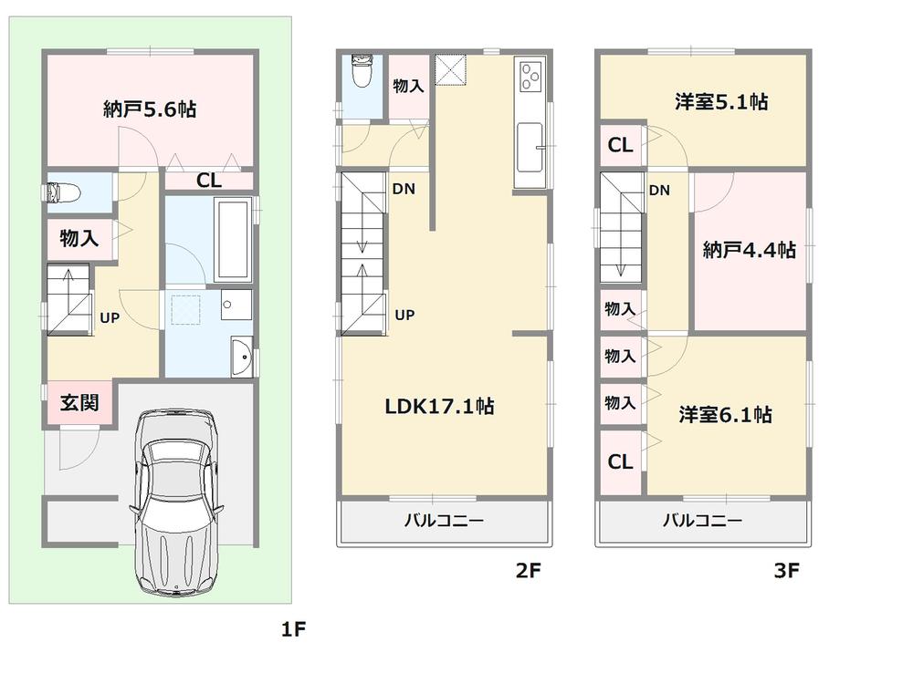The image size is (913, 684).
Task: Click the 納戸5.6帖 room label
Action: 148,109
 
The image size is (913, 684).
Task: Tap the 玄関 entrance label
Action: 79,402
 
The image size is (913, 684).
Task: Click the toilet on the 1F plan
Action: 64,193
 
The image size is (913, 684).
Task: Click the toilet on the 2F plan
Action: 361,72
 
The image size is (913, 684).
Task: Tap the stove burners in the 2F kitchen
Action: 530,75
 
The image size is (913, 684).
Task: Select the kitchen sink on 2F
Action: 530,147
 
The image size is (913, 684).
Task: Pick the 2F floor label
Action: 529,572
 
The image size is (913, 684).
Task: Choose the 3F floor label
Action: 786,572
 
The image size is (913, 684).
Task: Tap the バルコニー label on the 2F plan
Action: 444,522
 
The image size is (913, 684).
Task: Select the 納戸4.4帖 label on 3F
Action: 749,250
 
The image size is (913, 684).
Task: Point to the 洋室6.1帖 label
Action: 725,415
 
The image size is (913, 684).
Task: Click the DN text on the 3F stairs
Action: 659,191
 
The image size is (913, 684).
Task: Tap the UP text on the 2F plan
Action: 404,315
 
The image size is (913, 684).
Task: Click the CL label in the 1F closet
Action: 209,181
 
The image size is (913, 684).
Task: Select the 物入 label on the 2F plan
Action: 407,87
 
